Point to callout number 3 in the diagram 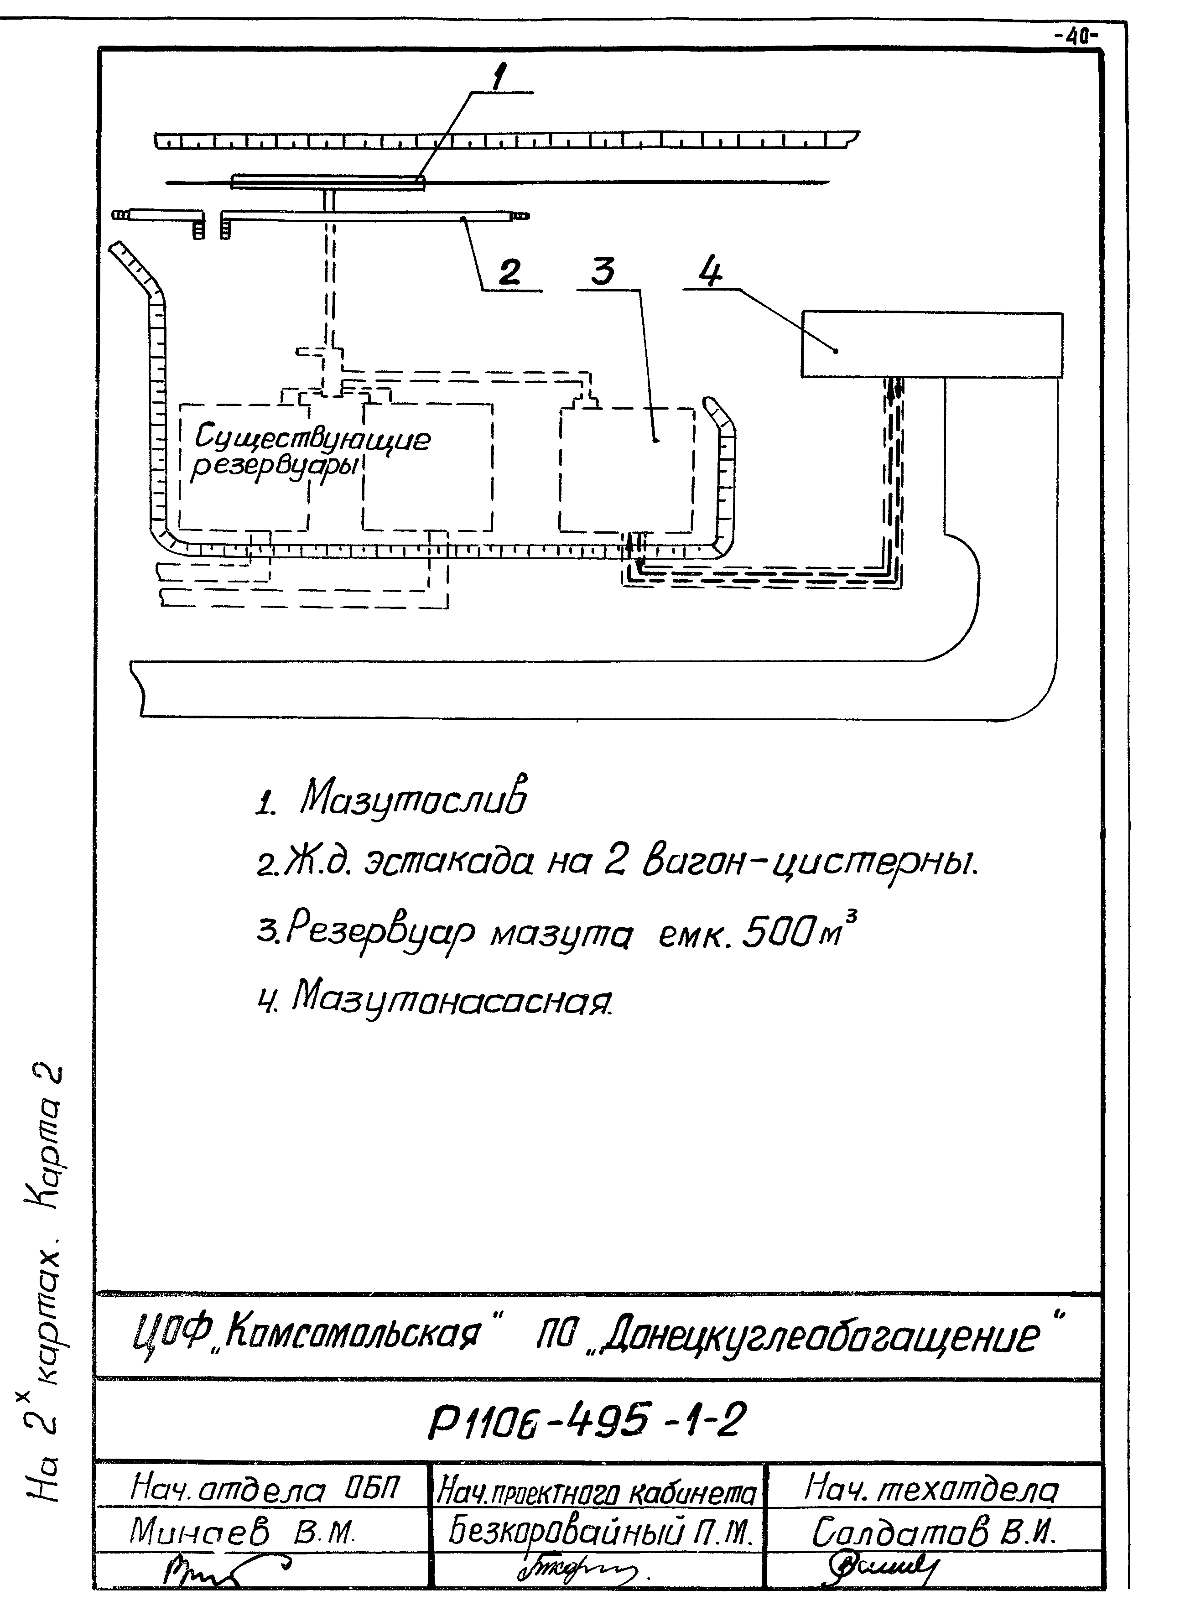(x=603, y=272)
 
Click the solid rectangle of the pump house (x=932, y=344)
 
